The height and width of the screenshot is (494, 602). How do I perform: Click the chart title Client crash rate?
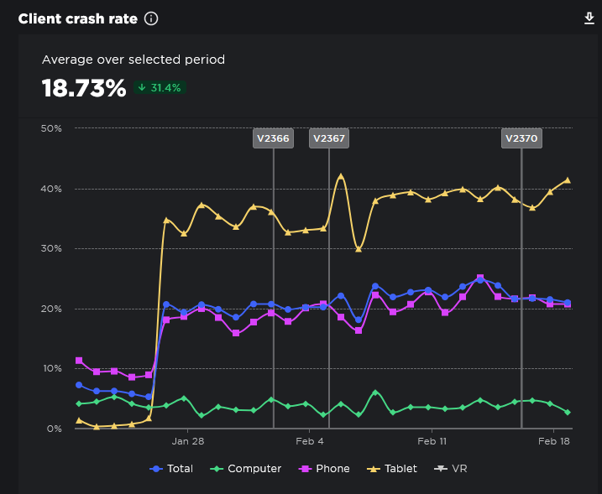[77, 18]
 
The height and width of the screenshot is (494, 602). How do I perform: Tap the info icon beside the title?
[151, 18]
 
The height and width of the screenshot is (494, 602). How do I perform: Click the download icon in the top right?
[589, 18]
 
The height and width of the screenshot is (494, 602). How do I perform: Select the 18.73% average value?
[84, 87]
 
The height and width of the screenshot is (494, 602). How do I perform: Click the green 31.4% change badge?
[160, 87]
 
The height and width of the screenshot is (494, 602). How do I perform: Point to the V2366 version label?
[273, 139]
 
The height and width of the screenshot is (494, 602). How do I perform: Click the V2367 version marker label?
[328, 139]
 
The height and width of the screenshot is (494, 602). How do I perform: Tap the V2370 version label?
[521, 139]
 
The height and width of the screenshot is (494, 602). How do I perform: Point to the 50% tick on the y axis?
[51, 128]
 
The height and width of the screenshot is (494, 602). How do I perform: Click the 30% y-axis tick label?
[51, 249]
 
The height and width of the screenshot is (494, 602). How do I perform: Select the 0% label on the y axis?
[54, 429]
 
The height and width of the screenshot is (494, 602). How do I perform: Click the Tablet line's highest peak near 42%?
[341, 176]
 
